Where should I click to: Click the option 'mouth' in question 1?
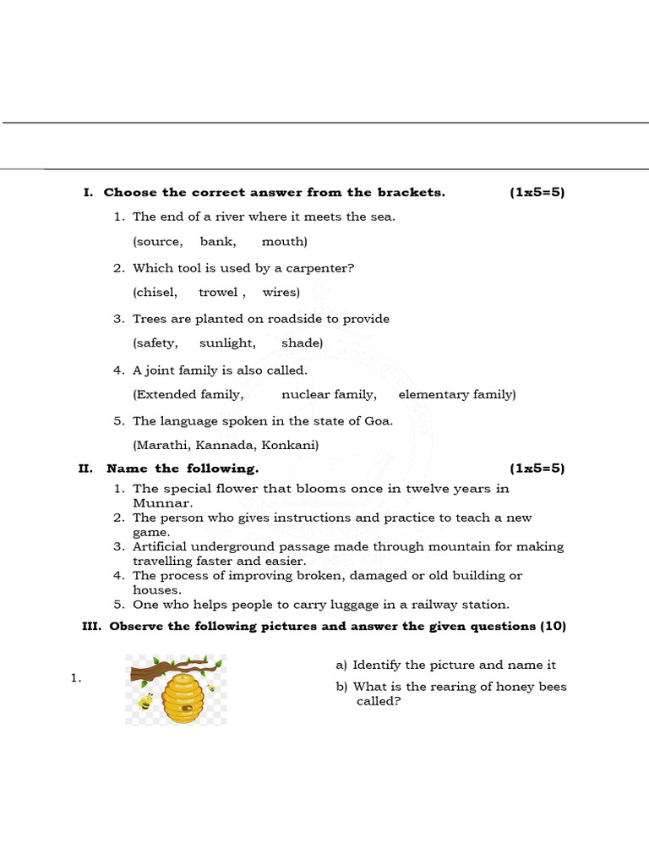point(284,242)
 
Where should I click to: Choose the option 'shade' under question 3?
point(302,343)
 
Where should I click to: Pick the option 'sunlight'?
point(227,343)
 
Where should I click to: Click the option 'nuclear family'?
point(329,394)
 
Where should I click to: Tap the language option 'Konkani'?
point(290,445)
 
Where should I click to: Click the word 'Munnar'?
point(156,502)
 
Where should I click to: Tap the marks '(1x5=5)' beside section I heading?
point(537,193)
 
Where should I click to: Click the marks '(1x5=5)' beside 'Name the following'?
point(537,469)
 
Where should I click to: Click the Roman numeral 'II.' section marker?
point(85,469)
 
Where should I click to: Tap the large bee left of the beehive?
point(146,701)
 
